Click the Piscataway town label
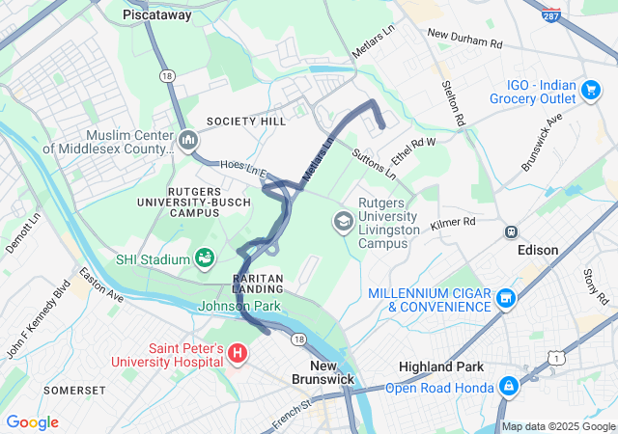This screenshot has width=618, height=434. (157, 15)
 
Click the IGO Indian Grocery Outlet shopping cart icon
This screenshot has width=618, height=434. (590, 91)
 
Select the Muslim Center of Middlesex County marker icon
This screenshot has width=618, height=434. (188, 141)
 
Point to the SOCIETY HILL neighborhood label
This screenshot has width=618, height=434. (246, 122)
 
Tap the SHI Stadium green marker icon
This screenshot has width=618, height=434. (205, 258)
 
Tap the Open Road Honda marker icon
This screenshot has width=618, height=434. (509, 388)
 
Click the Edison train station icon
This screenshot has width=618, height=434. (511, 231)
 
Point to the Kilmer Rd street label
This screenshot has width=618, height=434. (454, 223)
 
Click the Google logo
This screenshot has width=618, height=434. (32, 422)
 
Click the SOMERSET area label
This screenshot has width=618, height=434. (74, 390)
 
